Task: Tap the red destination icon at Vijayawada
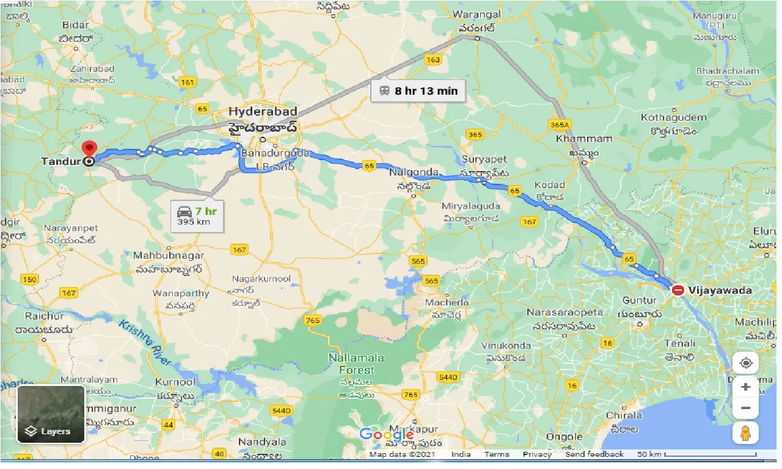coord(678,290)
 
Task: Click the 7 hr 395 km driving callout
coord(197,216)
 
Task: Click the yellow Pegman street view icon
coord(745,433)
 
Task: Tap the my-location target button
coord(745,363)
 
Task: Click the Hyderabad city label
coord(263,112)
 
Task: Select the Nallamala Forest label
coord(351,363)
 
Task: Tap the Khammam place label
coord(584,139)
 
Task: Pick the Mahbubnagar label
coord(169,257)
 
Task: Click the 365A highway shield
coord(559,125)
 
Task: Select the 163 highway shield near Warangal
coord(433,60)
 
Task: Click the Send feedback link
coord(594,454)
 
